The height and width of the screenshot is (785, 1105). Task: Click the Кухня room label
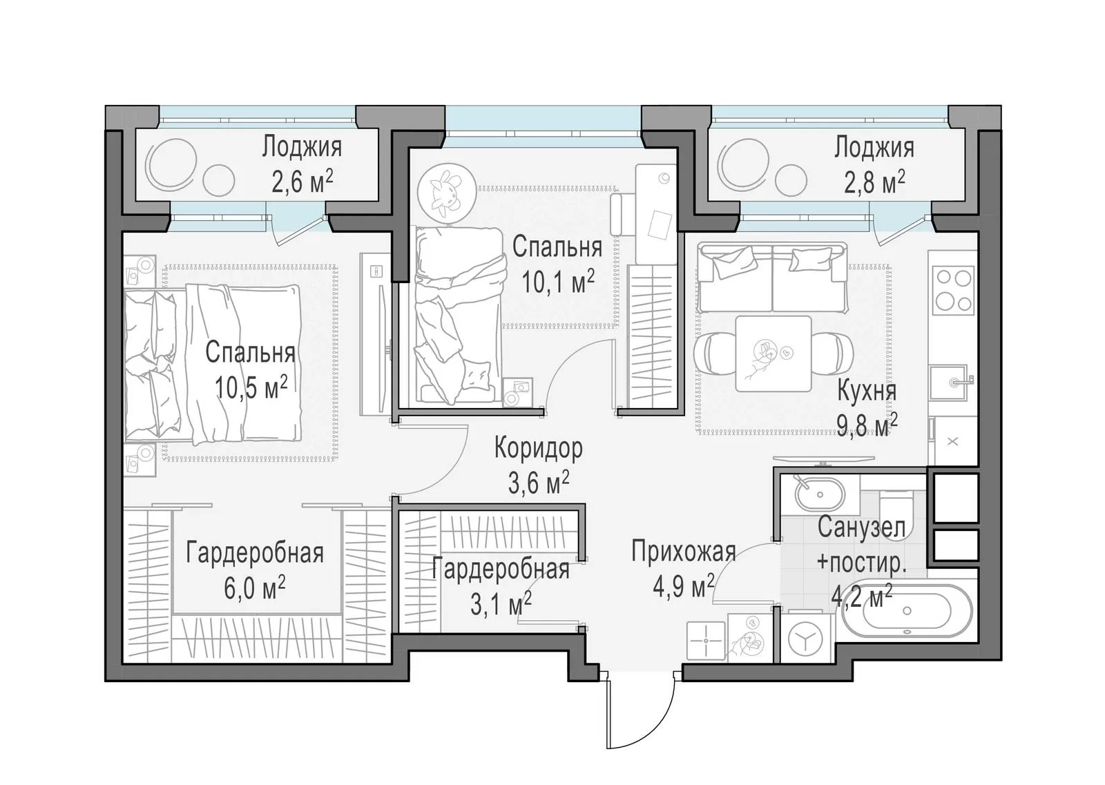tap(867, 392)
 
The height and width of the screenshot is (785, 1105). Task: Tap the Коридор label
tap(538, 448)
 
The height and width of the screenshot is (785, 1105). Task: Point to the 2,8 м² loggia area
tap(874, 182)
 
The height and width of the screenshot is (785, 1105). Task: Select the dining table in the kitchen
tap(773, 353)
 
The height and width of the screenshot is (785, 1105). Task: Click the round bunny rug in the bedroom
tap(447, 191)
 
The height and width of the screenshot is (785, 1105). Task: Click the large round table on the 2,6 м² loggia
tap(171, 164)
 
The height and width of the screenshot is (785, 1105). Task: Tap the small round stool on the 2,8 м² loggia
tap(791, 180)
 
